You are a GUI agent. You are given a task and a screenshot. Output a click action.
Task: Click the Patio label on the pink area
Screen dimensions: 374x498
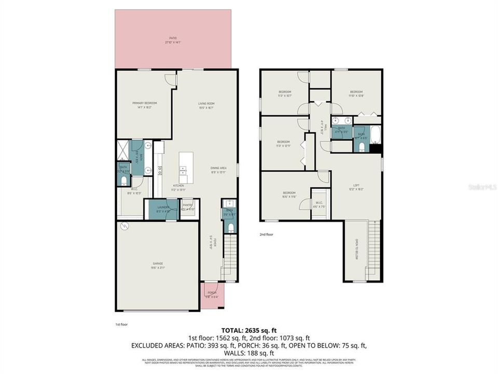pyautogui.click(x=173, y=39)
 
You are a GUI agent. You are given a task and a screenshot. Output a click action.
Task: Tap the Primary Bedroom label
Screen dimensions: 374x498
pyautogui.click(x=144, y=105)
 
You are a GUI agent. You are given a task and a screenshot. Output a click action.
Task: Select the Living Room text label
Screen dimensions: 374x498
pyautogui.click(x=206, y=105)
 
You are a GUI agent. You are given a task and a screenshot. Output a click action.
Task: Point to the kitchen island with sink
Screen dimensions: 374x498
pyautogui.click(x=186, y=167)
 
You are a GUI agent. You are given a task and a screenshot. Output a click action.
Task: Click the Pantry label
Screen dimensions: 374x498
pyautogui.click(x=188, y=207)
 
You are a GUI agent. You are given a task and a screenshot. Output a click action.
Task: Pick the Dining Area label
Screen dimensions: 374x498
pyautogui.click(x=218, y=169)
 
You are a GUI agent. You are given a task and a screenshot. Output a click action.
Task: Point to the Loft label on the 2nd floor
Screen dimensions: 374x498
pyautogui.click(x=356, y=187)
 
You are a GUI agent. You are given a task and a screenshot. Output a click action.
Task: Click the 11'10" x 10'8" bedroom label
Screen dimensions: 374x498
pyautogui.click(x=356, y=94)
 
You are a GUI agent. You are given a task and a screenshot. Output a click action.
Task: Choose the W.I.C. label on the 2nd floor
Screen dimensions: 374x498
pyautogui.click(x=319, y=205)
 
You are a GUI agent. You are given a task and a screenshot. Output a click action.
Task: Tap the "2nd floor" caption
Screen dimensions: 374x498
pyautogui.click(x=267, y=234)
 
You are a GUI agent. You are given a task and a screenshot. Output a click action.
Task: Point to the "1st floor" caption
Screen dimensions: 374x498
pyautogui.click(x=121, y=325)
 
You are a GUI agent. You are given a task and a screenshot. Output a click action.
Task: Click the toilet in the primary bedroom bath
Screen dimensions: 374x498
pyautogui.click(x=123, y=180)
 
